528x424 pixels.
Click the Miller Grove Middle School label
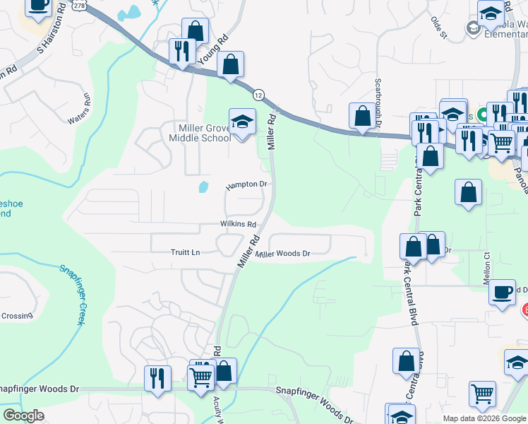[204, 132]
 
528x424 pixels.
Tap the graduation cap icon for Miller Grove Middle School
[242, 122]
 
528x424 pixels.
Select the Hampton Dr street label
[246, 185]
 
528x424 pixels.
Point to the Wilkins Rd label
[237, 224]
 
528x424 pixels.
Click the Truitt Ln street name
[186, 252]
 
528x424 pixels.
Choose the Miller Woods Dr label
[283, 254]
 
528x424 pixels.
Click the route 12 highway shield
[259, 94]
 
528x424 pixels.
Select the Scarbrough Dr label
[378, 100]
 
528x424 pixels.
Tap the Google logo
[23, 416]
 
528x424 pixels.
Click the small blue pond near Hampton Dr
[204, 187]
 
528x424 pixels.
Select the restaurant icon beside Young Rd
[182, 52]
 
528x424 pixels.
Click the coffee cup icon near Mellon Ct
[502, 292]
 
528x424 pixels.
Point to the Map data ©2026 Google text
[484, 418]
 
